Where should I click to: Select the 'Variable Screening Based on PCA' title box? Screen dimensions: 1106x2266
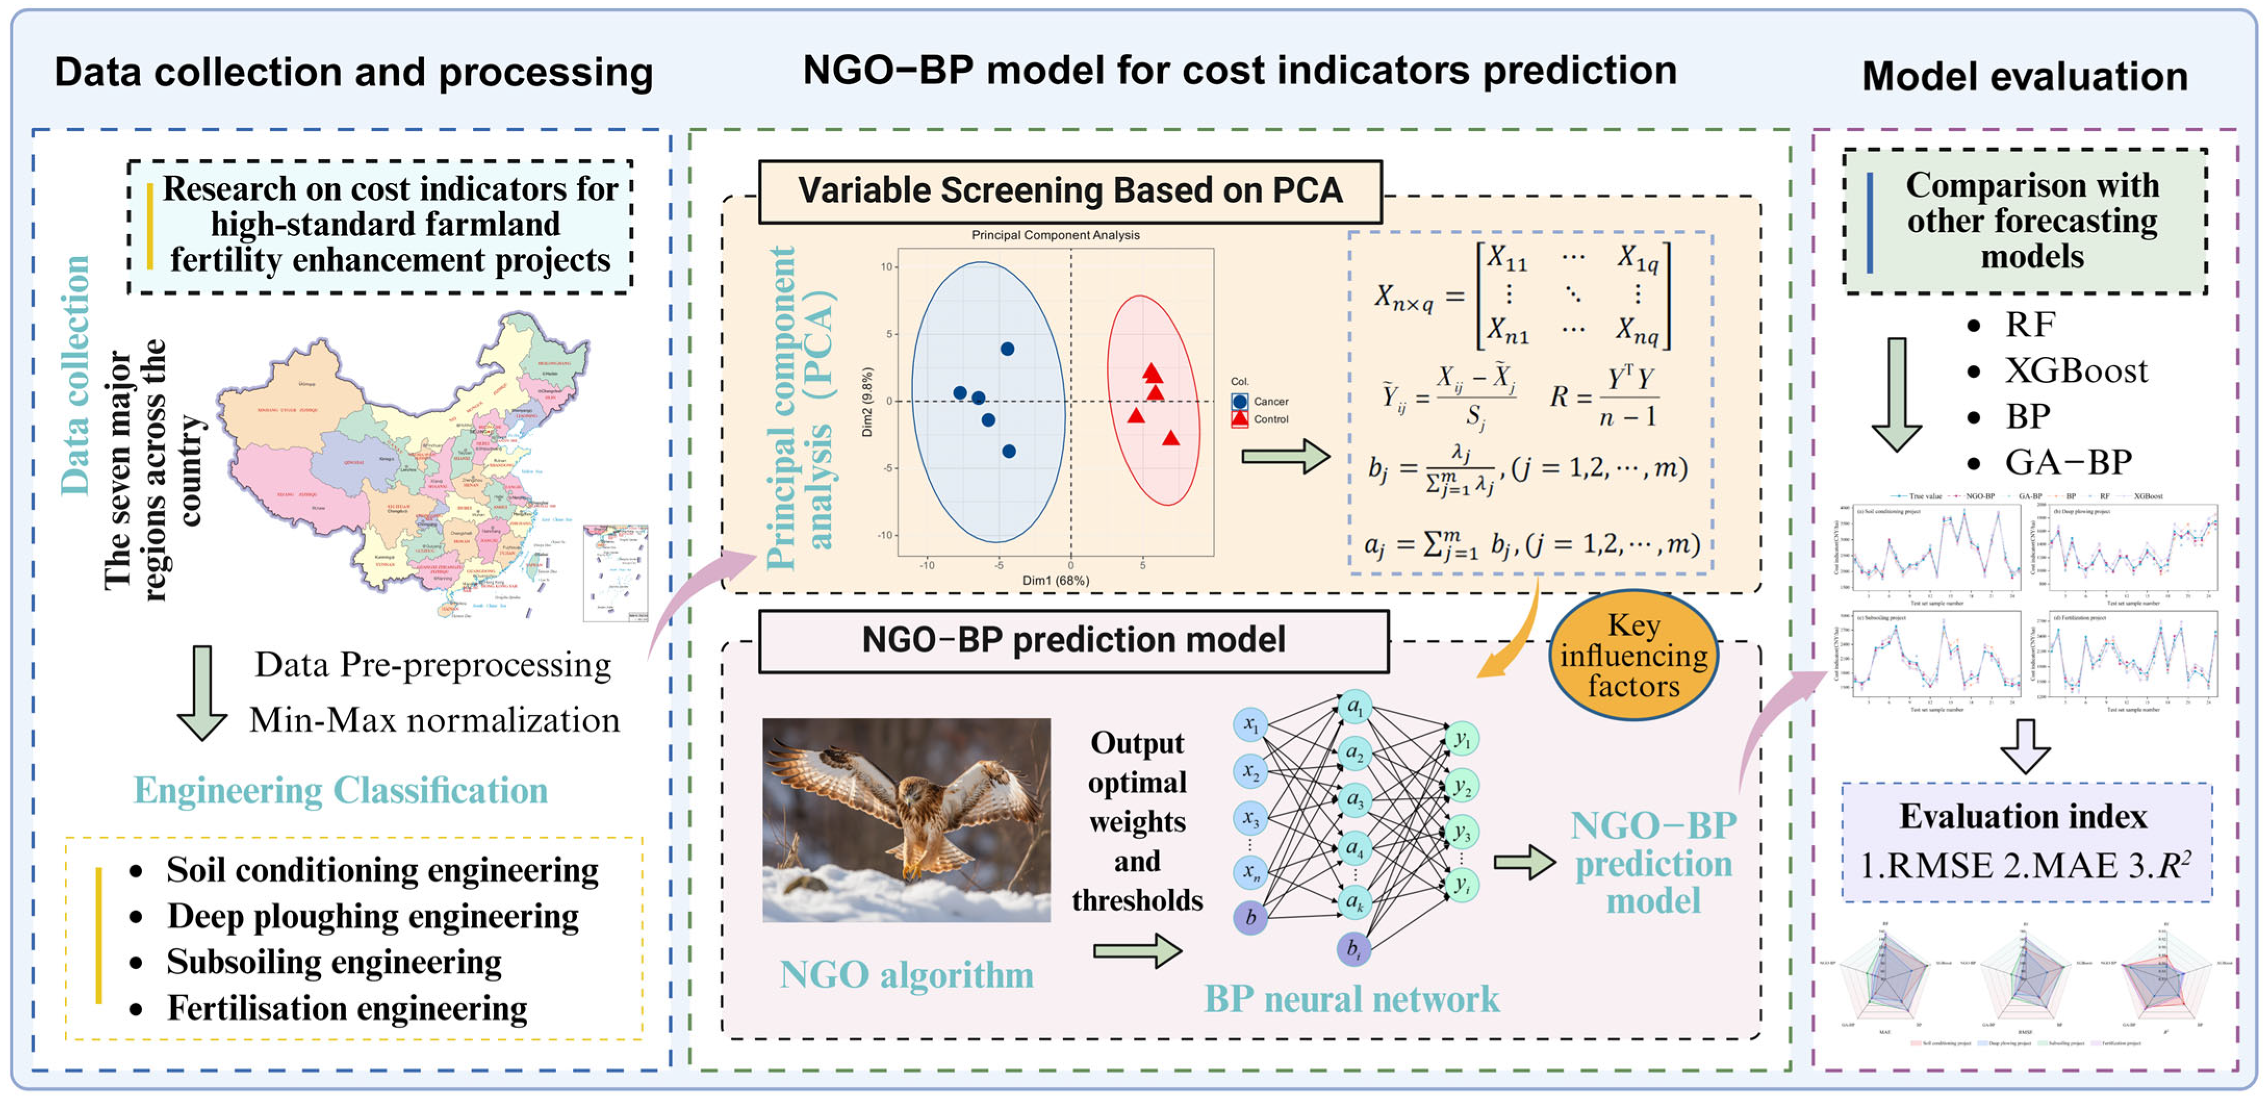pos(1070,191)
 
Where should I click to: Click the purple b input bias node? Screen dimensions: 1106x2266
pos(1250,918)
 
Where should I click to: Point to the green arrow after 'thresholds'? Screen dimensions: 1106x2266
pos(1136,951)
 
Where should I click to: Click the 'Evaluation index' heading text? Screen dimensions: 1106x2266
pos(2023,817)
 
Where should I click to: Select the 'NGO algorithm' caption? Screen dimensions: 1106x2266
pos(906,974)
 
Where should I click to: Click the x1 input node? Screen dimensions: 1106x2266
pos(1250,725)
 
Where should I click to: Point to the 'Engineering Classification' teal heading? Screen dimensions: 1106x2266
pos(340,790)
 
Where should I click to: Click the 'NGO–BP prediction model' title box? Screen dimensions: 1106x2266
pos(1073,640)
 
